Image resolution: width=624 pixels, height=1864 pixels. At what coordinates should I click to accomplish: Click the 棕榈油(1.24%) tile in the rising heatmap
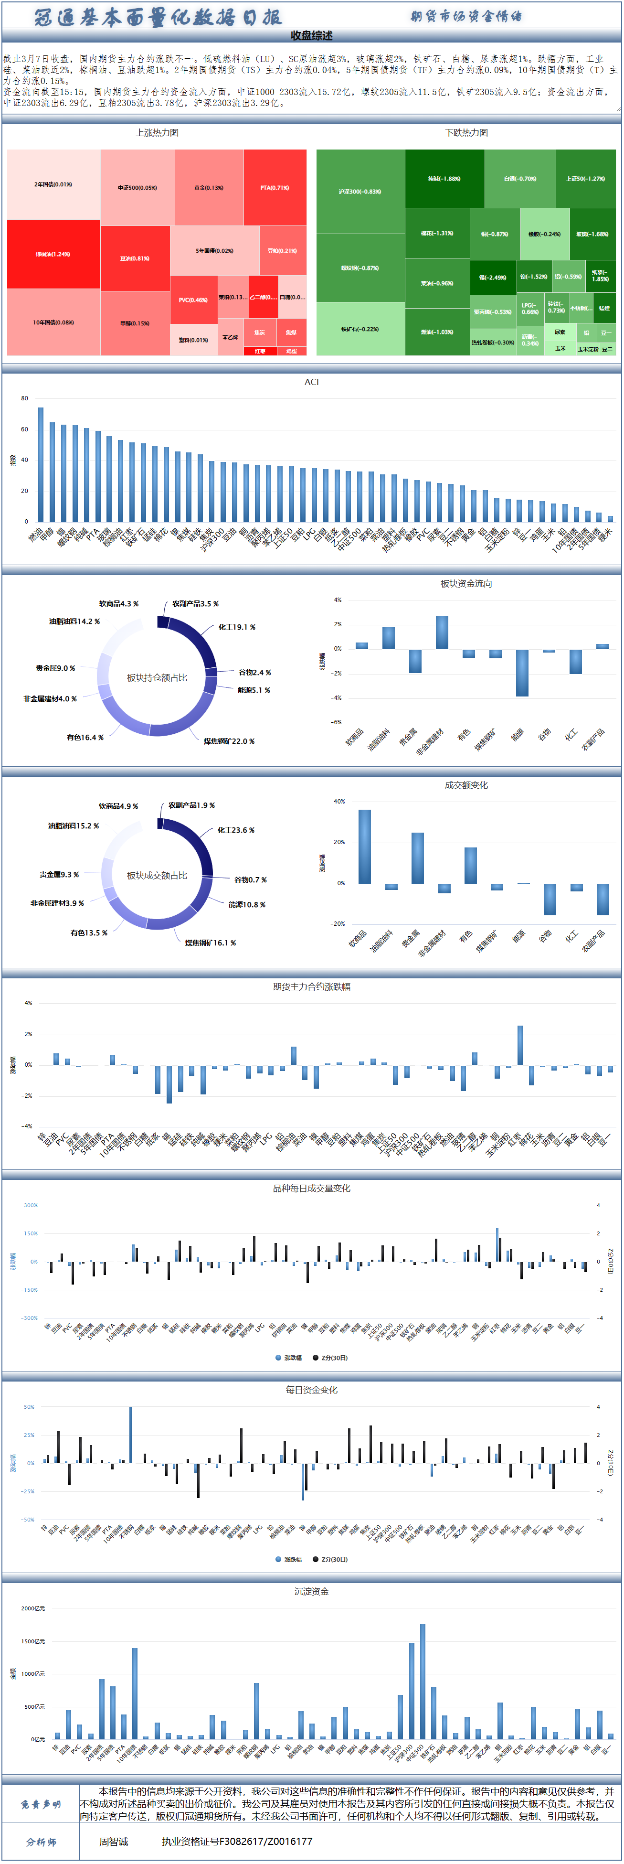tap(53, 254)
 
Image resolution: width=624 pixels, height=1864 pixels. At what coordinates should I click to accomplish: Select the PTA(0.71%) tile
tap(275, 187)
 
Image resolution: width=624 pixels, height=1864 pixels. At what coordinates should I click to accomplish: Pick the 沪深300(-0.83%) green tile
tap(360, 192)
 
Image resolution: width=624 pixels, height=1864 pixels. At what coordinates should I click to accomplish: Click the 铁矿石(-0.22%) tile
tap(360, 329)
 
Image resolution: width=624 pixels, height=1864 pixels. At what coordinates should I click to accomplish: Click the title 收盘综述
tap(312, 35)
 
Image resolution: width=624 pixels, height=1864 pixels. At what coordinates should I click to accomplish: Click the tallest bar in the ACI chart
tap(41, 464)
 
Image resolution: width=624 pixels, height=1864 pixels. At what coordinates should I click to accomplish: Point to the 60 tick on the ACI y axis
tap(24, 429)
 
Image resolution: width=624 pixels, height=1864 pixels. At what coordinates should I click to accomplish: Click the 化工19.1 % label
tap(236, 627)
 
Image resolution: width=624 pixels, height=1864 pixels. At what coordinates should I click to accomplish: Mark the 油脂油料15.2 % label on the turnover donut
tap(74, 825)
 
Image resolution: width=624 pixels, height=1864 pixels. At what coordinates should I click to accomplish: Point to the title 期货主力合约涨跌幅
tap(312, 986)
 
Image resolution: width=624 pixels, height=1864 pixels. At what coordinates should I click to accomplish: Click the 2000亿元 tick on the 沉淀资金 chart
tap(33, 1608)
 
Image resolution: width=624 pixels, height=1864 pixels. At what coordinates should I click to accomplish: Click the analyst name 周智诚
tap(114, 1841)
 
